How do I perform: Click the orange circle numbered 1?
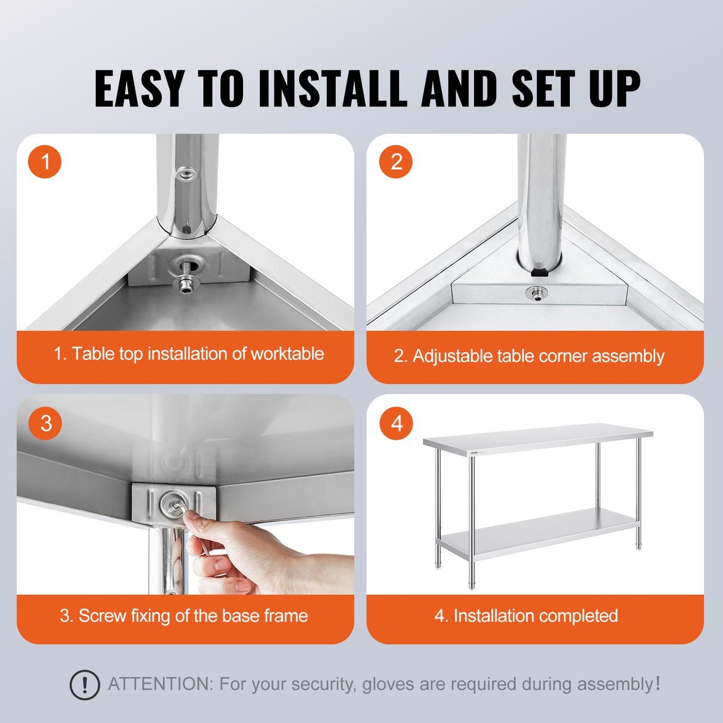pyautogui.click(x=45, y=161)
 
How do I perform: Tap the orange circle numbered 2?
pyautogui.click(x=396, y=161)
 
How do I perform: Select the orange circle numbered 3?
pyautogui.click(x=45, y=423)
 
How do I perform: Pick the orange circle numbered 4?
pyautogui.click(x=396, y=423)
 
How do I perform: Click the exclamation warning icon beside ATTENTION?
pyautogui.click(x=85, y=684)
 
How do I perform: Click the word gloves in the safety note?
pyautogui.click(x=388, y=684)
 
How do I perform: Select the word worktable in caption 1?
pyautogui.click(x=287, y=354)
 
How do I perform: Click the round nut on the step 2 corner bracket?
pyautogui.click(x=537, y=292)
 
